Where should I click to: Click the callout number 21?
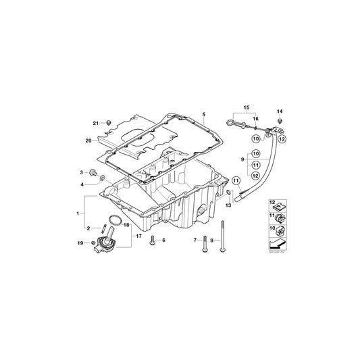point(95,122)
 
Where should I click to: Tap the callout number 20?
point(87,140)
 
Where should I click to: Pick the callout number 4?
point(82,184)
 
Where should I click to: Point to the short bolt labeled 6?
point(153,239)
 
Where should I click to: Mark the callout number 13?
point(228,206)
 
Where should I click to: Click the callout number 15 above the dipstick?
point(246,108)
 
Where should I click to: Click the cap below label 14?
point(278,122)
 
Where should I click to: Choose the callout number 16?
point(255,118)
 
